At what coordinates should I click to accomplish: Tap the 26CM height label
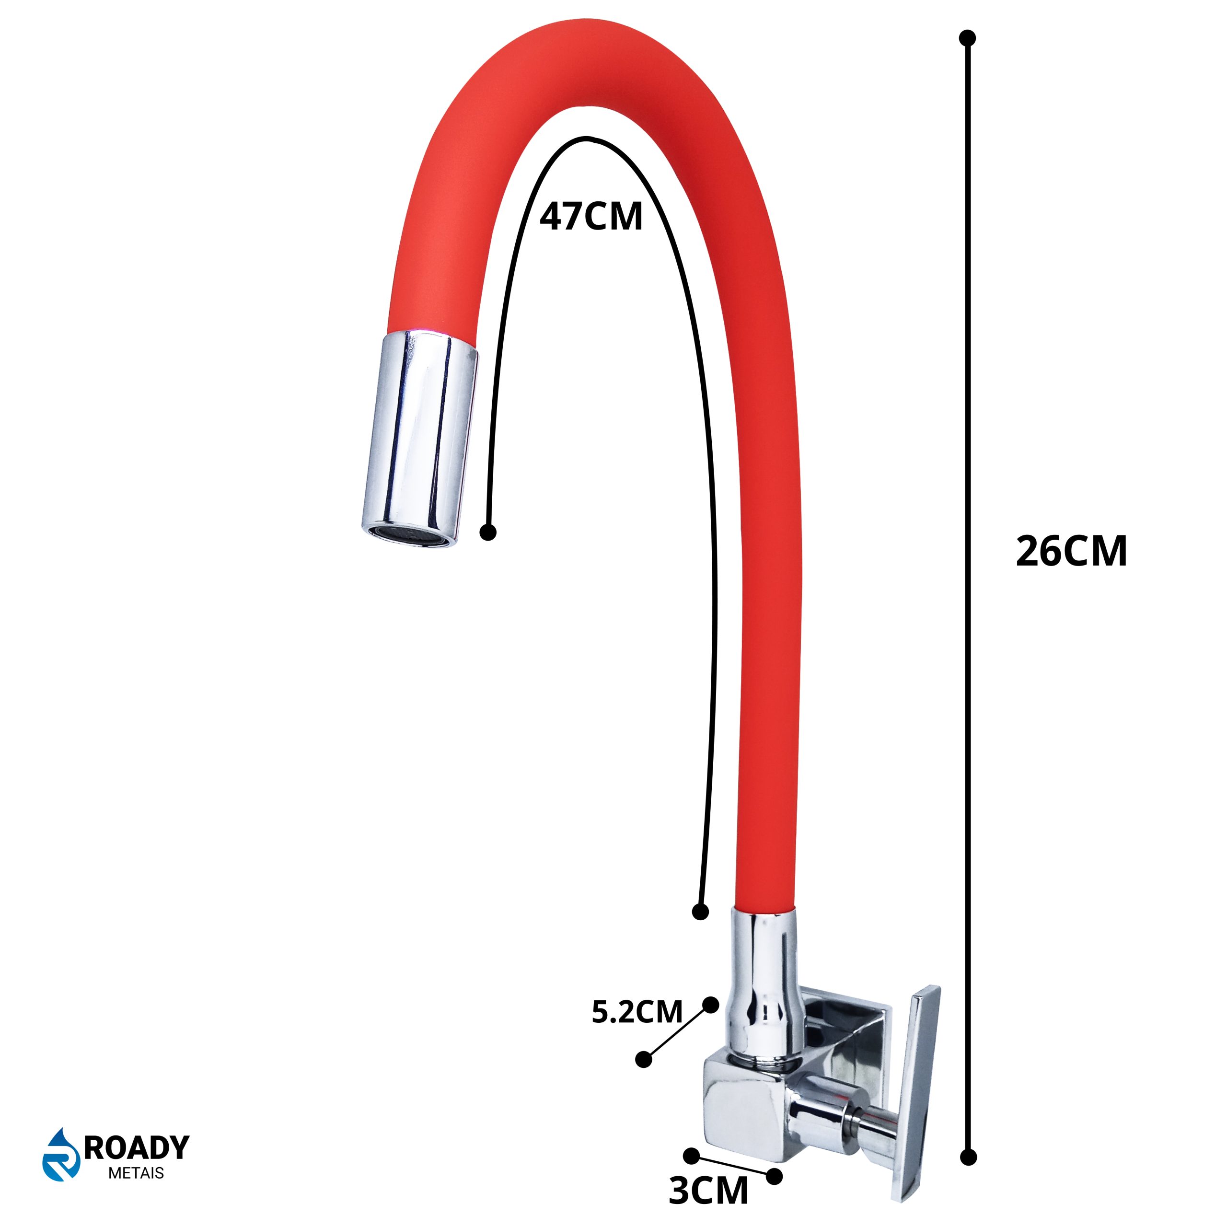pyautogui.click(x=1071, y=551)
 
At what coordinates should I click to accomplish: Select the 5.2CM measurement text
pyautogui.click(x=637, y=1012)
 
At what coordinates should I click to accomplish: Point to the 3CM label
pyautogui.click(x=708, y=1190)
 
